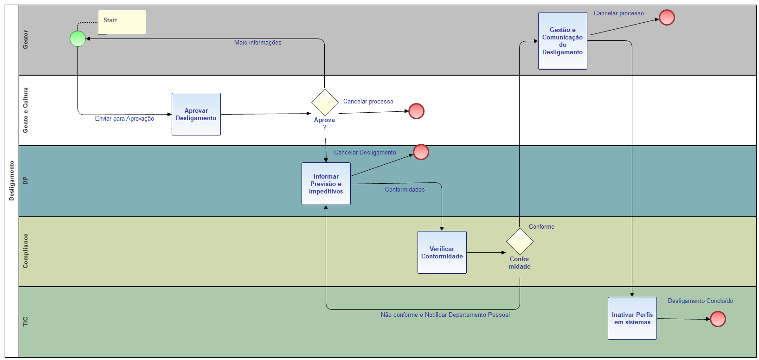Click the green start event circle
pyautogui.click(x=77, y=39)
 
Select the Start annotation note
pyautogui.click(x=122, y=22)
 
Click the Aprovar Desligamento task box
pyautogui.click(x=196, y=114)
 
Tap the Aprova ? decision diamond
pyautogui.click(x=325, y=103)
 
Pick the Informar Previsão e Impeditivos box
pyautogui.click(x=326, y=184)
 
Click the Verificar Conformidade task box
pyautogui.click(x=442, y=252)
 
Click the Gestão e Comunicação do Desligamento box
pyautogui.click(x=563, y=41)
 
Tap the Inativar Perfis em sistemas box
pyautogui.click(x=632, y=318)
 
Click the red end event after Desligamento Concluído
pyautogui.click(x=718, y=319)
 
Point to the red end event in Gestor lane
pyautogui.click(x=667, y=18)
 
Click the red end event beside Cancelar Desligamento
pyautogui.click(x=421, y=152)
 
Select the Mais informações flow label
pyautogui.click(x=257, y=43)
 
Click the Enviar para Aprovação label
pyautogui.click(x=124, y=119)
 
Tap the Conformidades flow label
pyautogui.click(x=405, y=190)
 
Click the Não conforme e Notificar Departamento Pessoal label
pyautogui.click(x=445, y=315)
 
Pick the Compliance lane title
pyautogui.click(x=26, y=251)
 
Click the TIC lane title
pyautogui.click(x=26, y=321)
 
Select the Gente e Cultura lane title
pyautogui.click(x=26, y=110)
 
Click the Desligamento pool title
pyautogui.click(x=12, y=181)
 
